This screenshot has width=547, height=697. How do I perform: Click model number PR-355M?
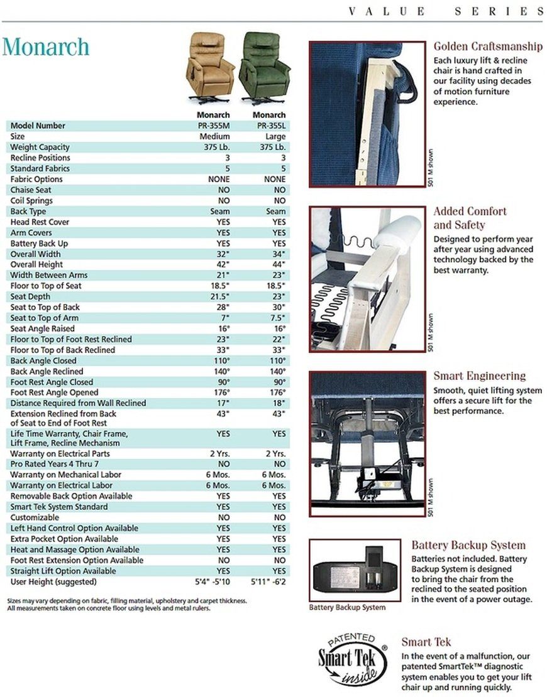click(x=213, y=126)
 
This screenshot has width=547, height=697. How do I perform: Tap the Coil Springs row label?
click(x=31, y=200)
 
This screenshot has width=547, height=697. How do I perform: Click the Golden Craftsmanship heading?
click(x=488, y=46)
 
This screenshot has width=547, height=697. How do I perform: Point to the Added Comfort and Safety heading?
click(x=470, y=218)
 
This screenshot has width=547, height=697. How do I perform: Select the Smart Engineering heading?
click(x=479, y=376)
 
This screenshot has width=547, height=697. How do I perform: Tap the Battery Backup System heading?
click(x=468, y=545)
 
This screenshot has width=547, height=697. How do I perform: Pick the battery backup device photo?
click(x=355, y=570)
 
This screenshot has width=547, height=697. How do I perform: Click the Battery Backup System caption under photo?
click(x=347, y=607)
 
